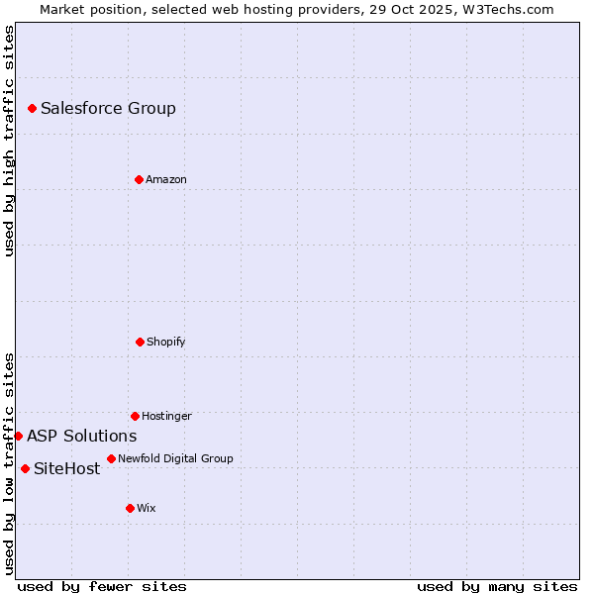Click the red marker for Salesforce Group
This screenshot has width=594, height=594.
[32, 108]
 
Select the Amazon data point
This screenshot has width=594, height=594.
[139, 179]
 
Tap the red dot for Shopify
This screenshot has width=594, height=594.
[140, 342]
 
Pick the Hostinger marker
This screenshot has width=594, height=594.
[135, 416]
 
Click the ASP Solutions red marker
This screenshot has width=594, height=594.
[18, 436]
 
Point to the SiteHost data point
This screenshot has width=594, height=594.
[25, 468]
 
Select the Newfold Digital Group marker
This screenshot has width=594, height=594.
[111, 458]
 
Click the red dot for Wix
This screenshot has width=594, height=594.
[130, 508]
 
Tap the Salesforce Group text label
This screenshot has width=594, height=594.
[108, 109]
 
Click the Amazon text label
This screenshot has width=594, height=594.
[166, 180]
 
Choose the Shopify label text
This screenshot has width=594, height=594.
[166, 343]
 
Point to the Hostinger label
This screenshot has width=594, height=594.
[166, 417]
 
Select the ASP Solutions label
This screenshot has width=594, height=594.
[81, 437]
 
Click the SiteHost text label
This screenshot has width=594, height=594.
[66, 469]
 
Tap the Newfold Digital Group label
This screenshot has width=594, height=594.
[175, 459]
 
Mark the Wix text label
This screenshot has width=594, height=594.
[147, 509]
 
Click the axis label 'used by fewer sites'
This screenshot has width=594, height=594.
[102, 586]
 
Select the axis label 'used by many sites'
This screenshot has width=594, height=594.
[497, 586]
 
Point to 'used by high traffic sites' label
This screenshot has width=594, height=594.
[9, 142]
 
